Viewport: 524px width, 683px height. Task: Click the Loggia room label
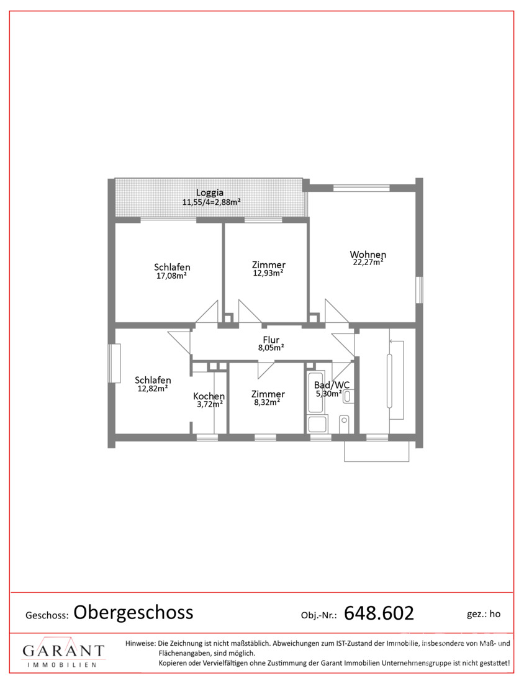tap(209, 192)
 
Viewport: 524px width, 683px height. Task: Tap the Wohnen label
tap(368, 254)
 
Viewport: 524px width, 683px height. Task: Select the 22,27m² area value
tap(368, 262)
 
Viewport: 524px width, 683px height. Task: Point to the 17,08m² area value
tap(171, 275)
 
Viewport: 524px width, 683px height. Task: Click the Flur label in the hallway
tap(271, 340)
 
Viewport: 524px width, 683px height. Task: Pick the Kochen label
tap(209, 396)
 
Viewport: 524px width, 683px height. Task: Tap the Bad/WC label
tap(332, 385)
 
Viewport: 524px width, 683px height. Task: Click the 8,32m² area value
tap(267, 402)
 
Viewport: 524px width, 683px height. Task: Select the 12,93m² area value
tap(268, 273)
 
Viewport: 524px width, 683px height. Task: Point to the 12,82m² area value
tap(153, 388)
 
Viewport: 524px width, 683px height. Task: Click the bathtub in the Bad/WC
tap(315, 392)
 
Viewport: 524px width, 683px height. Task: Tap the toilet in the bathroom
tap(344, 424)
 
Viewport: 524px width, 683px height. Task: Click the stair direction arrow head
tap(392, 341)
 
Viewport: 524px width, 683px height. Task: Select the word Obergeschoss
tap(133, 612)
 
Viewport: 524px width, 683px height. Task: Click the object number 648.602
tap(379, 613)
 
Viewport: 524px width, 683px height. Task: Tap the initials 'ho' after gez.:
tap(495, 613)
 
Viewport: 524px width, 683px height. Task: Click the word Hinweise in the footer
tap(140, 643)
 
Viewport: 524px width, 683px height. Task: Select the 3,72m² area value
tap(210, 404)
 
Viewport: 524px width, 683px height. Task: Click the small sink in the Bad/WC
tap(348, 396)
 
